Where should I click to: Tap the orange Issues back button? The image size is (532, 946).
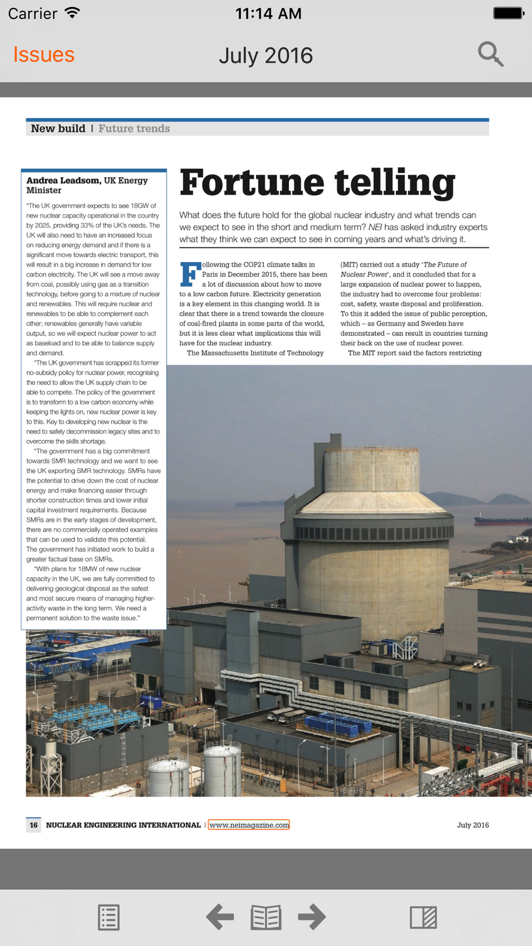pyautogui.click(x=44, y=55)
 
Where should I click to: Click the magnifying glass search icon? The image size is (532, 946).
pyautogui.click(x=490, y=54)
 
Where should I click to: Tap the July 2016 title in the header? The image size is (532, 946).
pyautogui.click(x=266, y=56)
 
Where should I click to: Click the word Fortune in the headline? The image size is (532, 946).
pyautogui.click(x=252, y=183)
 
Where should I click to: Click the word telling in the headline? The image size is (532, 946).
pyautogui.click(x=395, y=183)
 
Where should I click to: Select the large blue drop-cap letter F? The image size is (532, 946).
pyautogui.click(x=190, y=274)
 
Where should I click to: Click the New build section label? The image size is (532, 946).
pyautogui.click(x=58, y=129)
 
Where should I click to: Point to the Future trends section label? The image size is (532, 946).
pyautogui.click(x=134, y=129)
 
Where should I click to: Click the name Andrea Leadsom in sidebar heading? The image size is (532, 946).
pyautogui.click(x=63, y=180)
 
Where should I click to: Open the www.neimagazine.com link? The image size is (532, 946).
pyautogui.click(x=249, y=825)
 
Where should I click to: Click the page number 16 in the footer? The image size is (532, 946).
pyautogui.click(x=34, y=825)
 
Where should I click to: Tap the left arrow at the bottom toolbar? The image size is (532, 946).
pyautogui.click(x=220, y=917)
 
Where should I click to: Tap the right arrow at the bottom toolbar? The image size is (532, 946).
pyautogui.click(x=312, y=917)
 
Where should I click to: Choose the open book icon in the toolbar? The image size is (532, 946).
pyautogui.click(x=266, y=917)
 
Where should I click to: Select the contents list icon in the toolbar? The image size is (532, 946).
pyautogui.click(x=109, y=917)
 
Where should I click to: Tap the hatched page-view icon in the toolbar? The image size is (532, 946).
pyautogui.click(x=423, y=917)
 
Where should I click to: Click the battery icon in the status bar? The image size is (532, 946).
pyautogui.click(x=508, y=13)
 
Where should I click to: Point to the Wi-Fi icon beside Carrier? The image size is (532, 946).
pyautogui.click(x=72, y=13)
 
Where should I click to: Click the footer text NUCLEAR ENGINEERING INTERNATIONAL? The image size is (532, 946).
pyautogui.click(x=123, y=825)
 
